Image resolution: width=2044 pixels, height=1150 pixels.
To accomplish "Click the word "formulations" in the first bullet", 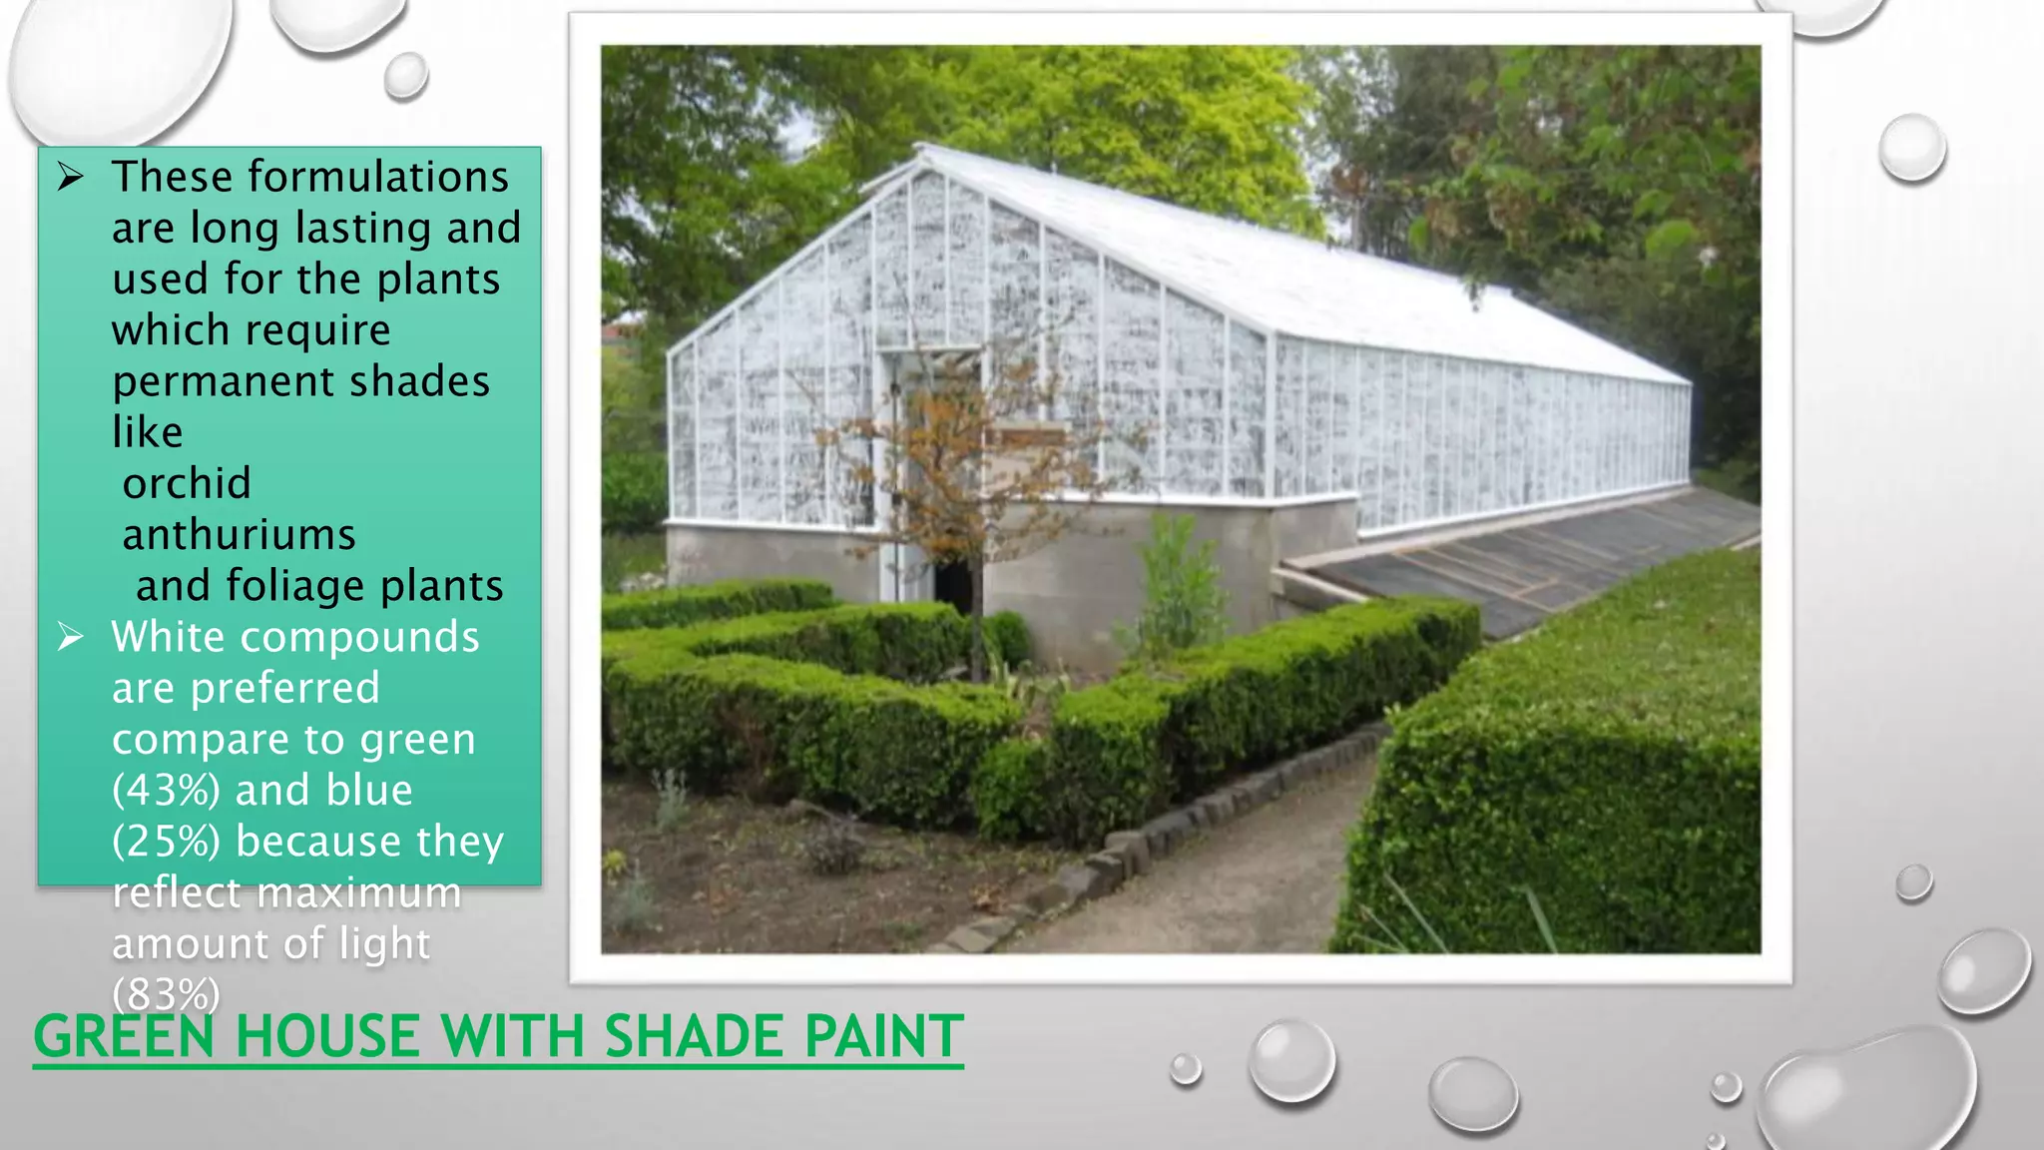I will click(378, 178).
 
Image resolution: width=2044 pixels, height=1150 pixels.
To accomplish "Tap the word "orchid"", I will click(187, 484).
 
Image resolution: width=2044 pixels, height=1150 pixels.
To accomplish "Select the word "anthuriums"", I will click(239, 535).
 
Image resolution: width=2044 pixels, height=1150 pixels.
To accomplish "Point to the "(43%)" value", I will click(166, 791).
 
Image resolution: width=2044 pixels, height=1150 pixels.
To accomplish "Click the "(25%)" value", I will click(166, 842).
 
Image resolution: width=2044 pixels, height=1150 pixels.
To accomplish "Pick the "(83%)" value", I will click(166, 994).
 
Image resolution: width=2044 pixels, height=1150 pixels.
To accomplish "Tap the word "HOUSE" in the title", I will click(326, 1036).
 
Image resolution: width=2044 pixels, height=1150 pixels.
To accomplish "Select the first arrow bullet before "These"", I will click(70, 178).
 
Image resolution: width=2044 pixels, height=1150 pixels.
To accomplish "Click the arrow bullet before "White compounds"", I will click(70, 637).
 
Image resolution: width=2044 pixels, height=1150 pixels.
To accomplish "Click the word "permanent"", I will click(223, 382).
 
